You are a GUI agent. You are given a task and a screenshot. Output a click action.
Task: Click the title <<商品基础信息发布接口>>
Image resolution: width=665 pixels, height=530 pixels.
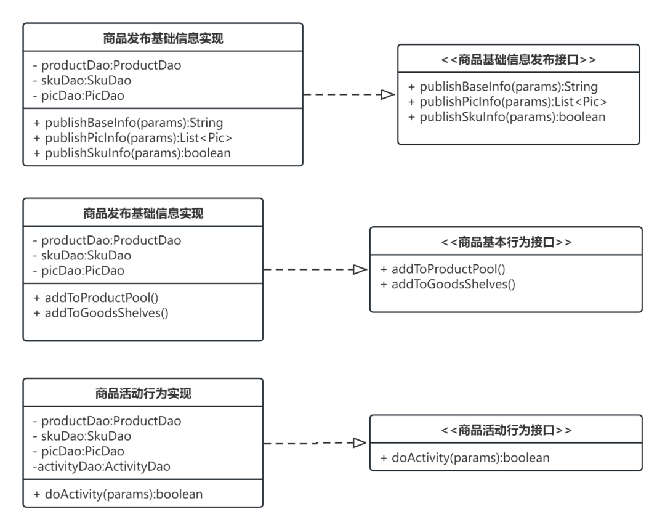(x=518, y=60)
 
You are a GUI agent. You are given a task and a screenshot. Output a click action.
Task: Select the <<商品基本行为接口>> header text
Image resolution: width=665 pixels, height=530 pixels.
(x=506, y=242)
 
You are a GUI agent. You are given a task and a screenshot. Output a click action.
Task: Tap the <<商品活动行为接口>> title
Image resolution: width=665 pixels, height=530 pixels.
(x=506, y=430)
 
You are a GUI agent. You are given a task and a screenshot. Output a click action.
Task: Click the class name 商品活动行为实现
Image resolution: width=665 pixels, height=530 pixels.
(x=143, y=394)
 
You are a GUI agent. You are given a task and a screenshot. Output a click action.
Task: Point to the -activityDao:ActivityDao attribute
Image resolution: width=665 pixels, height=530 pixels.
(x=102, y=467)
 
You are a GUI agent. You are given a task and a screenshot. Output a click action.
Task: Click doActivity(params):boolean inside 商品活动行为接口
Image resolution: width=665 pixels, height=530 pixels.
(x=465, y=458)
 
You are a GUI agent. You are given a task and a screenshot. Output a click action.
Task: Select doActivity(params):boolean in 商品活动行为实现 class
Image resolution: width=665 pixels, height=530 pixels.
(x=118, y=494)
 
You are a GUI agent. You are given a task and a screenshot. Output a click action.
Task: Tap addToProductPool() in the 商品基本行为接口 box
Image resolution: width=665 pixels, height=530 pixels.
(x=443, y=269)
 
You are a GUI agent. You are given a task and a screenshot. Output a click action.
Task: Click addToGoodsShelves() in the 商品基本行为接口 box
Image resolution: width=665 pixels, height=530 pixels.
(x=448, y=284)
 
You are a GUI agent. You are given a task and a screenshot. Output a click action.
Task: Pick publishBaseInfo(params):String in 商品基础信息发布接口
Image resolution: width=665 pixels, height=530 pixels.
(x=503, y=86)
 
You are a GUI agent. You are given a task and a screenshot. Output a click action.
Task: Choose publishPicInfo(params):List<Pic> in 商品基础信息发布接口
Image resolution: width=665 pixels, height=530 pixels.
(x=507, y=102)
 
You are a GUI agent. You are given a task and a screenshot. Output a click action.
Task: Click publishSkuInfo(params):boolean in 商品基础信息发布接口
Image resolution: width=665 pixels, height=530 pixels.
(x=507, y=117)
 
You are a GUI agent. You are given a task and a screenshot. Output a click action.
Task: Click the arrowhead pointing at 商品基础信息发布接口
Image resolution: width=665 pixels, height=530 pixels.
(x=388, y=95)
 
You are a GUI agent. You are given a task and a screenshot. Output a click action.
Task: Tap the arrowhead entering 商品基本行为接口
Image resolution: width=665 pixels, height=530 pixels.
(x=360, y=269)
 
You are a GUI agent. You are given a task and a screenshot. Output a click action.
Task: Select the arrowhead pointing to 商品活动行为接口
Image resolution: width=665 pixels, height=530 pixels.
(x=360, y=443)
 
